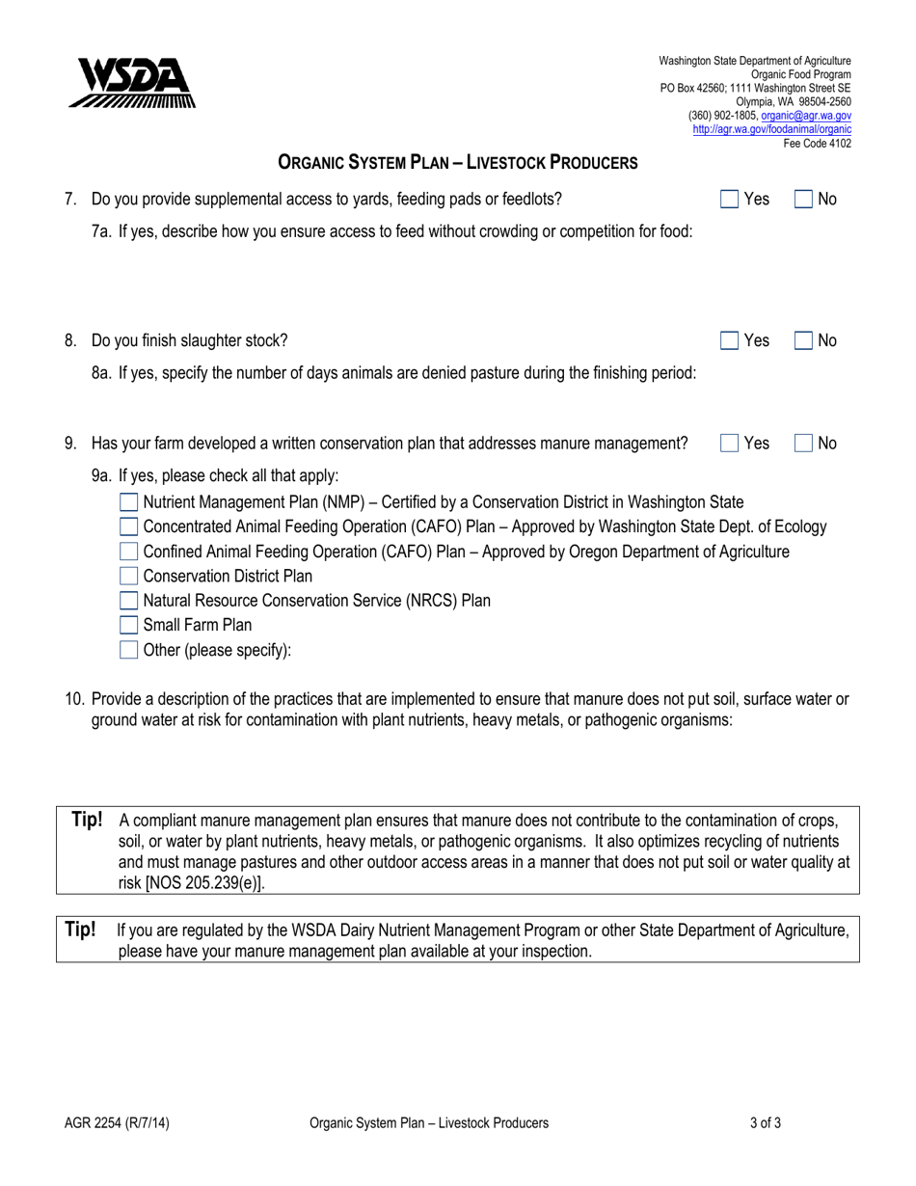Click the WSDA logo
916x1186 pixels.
132,84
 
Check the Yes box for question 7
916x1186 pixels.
730,200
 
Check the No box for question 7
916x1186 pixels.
803,200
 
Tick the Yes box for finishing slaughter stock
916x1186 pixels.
730,340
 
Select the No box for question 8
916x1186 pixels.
803,340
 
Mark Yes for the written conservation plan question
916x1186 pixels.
730,444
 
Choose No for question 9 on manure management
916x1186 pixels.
803,444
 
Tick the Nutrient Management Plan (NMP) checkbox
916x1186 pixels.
128,501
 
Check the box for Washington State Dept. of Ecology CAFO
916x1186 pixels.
128,526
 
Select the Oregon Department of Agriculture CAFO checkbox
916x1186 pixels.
128,552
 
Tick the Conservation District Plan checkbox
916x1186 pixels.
128,577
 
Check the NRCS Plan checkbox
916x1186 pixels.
128,601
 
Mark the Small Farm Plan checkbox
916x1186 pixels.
128,625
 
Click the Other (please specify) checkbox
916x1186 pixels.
128,650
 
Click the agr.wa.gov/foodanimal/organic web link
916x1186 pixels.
771,128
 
